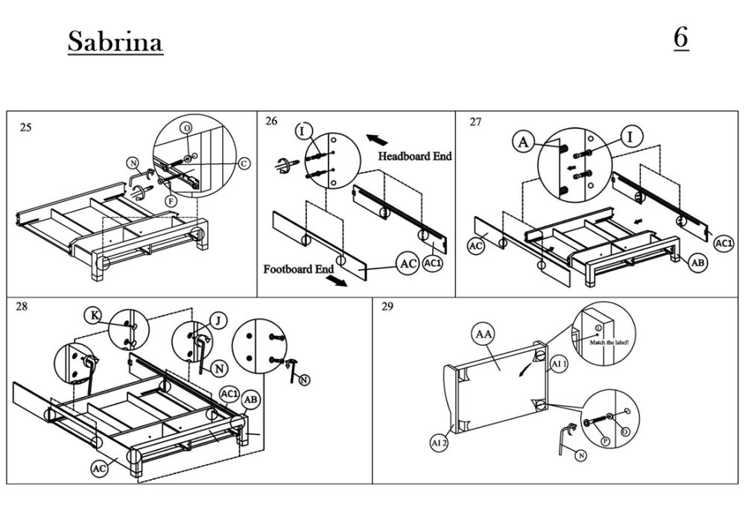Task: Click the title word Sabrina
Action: point(115,42)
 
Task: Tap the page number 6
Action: point(681,37)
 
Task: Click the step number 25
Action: point(25,127)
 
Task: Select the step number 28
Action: point(22,305)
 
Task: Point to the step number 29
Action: point(387,306)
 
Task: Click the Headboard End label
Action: point(414,156)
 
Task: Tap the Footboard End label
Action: point(298,269)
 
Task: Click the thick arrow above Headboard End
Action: point(378,139)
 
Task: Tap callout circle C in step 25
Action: point(244,163)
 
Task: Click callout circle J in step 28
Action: point(218,320)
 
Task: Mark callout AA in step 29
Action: point(484,335)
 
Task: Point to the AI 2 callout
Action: point(439,443)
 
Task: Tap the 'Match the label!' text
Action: point(609,342)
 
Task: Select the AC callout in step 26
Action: point(407,264)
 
